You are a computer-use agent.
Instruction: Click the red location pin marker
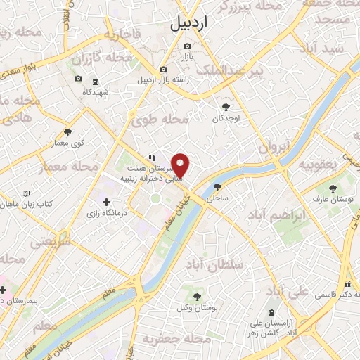(181, 165)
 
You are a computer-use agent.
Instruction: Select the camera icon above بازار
(187, 46)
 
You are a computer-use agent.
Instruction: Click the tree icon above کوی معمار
(68, 131)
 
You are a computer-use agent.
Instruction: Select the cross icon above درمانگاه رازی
(106, 202)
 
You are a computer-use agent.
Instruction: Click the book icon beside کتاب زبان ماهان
(26, 193)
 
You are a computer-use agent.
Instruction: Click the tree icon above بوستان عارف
(332, 188)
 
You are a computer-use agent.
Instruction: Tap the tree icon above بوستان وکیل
(197, 297)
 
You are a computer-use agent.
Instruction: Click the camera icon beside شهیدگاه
(78, 79)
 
